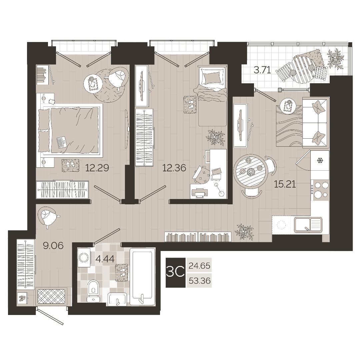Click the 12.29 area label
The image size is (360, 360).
point(97,168)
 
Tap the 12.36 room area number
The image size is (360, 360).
point(174,168)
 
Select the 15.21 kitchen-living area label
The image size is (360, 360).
point(285,184)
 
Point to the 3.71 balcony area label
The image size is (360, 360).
point(262,70)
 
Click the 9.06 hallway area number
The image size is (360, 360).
point(53,246)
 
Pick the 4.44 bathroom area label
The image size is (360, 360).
point(105,259)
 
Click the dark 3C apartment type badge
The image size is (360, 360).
point(176,273)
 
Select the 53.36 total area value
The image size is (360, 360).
point(199,281)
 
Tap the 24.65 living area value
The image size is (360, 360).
point(199,266)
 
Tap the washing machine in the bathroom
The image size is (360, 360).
point(84,257)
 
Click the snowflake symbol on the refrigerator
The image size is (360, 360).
point(319,160)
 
